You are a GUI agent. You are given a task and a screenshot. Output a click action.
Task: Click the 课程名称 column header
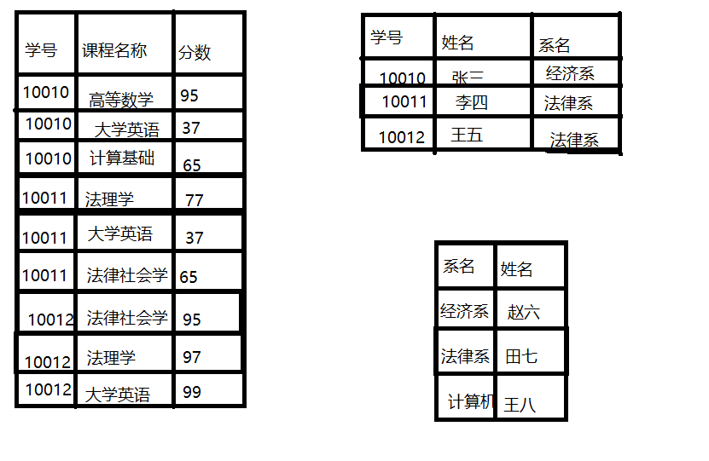pos(114,51)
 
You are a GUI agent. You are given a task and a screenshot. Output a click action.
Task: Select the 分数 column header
pos(194,53)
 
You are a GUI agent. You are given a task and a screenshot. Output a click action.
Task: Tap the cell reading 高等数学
pos(121,100)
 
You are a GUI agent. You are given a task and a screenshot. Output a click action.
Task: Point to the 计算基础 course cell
pos(122,158)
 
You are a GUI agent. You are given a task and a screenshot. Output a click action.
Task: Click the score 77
pos(194,200)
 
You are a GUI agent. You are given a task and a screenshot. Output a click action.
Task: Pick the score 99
pos(192,392)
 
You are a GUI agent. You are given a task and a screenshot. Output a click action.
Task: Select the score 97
pos(192,357)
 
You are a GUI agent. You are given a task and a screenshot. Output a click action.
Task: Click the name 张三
pos(468,78)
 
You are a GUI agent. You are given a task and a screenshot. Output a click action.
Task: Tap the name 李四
pos(472,103)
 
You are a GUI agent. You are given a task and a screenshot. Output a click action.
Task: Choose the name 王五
pos(467,135)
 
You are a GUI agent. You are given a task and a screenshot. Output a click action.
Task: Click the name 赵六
pos(523,312)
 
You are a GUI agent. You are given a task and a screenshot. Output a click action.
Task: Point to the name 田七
pos(521,356)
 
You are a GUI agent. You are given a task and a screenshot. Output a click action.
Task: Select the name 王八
pos(520,404)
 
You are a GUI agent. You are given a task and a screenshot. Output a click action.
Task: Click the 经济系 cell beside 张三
pos(570,73)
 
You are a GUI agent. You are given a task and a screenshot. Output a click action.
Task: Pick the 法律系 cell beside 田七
pos(465,356)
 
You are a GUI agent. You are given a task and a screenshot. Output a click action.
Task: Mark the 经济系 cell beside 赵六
pos(464,312)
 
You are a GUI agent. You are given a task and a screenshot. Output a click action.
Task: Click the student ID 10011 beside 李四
pos(404,102)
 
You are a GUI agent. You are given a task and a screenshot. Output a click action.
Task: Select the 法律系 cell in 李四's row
pos(568,104)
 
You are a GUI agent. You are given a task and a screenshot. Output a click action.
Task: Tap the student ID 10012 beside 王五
pos(401,136)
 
